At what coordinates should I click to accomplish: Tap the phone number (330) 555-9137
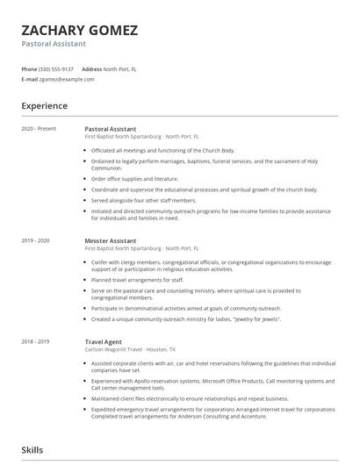pos(57,68)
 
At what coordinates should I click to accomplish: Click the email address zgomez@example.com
pos(67,79)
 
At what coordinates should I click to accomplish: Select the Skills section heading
pos(32,450)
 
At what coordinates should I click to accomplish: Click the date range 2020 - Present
pos(40,129)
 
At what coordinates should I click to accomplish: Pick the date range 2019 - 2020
pos(36,240)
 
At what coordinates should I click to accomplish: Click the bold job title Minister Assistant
pos(111,240)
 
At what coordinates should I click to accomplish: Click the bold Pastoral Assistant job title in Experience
pos(111,129)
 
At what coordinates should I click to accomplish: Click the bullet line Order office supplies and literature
pos(135,178)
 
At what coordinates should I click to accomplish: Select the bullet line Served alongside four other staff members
pos(142,199)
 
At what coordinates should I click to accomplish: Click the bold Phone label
pos(29,68)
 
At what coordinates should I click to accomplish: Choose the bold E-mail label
pos(29,79)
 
